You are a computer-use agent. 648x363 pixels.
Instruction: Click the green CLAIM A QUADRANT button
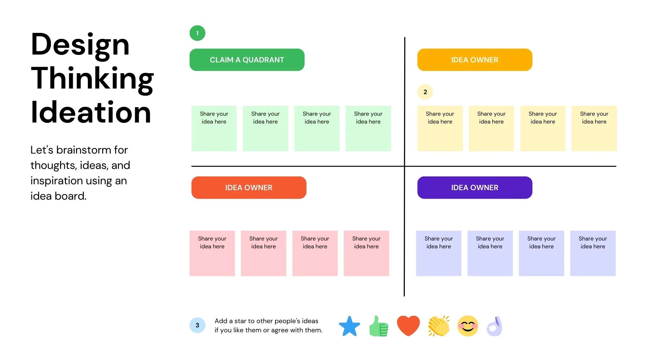click(247, 60)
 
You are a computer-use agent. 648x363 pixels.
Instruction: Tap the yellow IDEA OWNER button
click(475, 60)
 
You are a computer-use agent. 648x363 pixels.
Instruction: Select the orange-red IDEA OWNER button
click(249, 188)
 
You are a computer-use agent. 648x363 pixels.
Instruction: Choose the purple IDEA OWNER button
click(475, 188)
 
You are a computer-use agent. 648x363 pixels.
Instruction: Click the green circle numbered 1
click(198, 33)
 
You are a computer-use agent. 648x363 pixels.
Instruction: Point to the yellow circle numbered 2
click(425, 92)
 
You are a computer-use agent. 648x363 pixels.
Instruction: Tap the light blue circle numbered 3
click(198, 325)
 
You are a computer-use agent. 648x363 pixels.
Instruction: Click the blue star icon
click(349, 326)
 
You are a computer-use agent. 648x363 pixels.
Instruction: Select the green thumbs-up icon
click(379, 326)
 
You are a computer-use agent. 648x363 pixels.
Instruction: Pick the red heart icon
click(408, 325)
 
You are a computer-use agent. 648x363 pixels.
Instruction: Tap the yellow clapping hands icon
click(439, 326)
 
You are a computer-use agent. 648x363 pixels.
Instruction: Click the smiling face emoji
click(468, 326)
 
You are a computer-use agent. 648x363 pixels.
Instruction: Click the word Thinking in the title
click(92, 78)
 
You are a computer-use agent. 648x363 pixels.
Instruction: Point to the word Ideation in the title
click(91, 112)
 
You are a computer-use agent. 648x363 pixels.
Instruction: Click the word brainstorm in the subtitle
click(84, 150)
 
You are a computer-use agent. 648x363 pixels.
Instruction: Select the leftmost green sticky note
click(214, 128)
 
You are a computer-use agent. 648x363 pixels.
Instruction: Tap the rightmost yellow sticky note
click(594, 128)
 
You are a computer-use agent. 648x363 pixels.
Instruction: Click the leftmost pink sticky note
click(212, 253)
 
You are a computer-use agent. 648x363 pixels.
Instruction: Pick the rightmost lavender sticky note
click(593, 253)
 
